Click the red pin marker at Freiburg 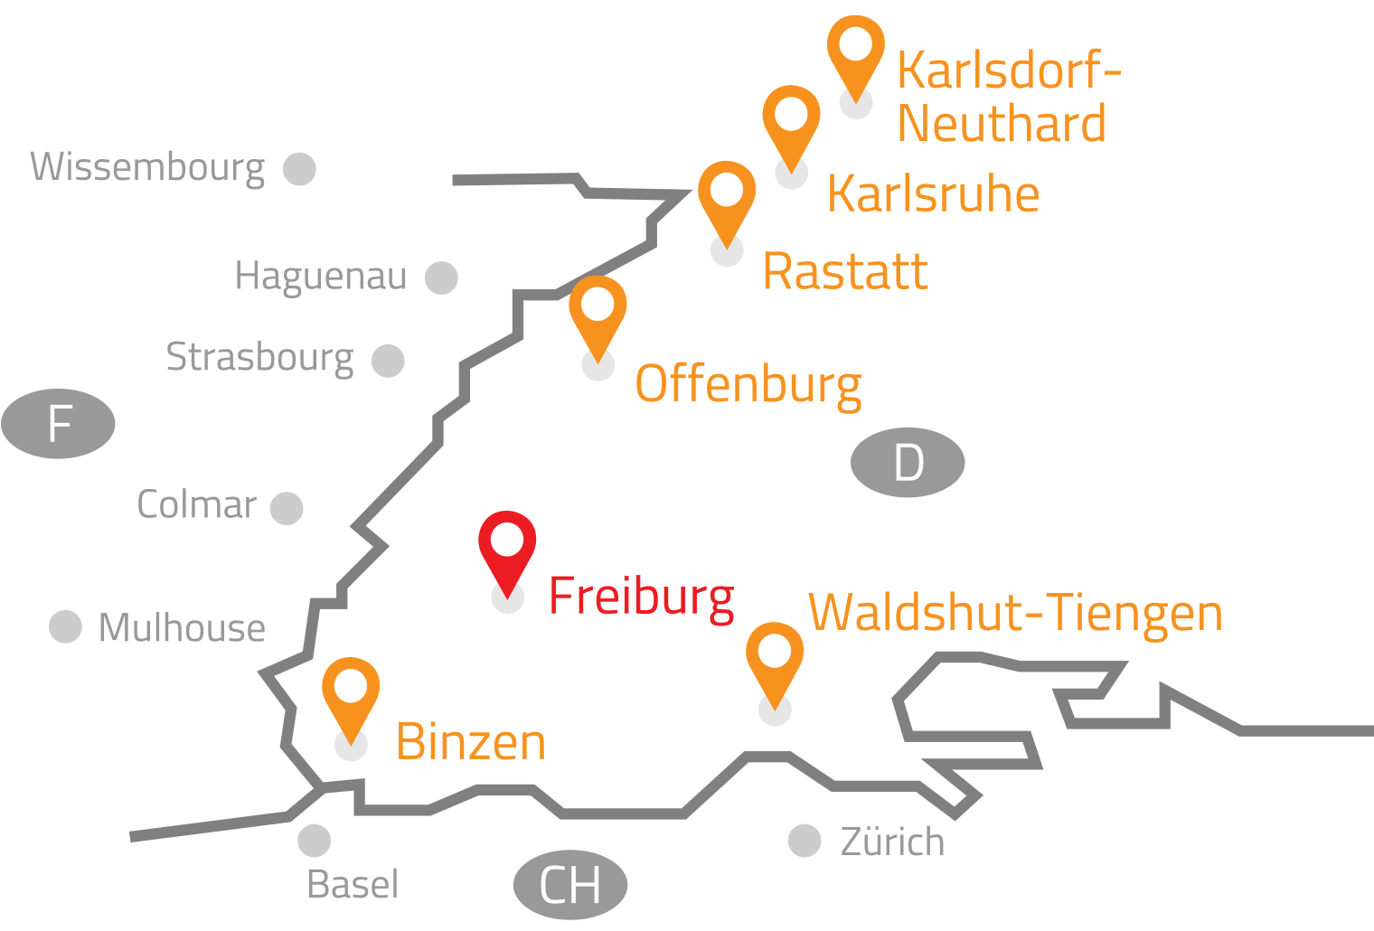(507, 548)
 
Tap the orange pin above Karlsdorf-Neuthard (855, 50)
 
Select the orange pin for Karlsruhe (791, 121)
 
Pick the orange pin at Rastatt (727, 197)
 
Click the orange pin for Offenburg (598, 312)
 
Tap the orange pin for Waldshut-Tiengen (775, 658)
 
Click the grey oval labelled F (59, 424)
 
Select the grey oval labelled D (908, 463)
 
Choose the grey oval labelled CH (570, 885)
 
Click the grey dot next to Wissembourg (299, 169)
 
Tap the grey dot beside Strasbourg (388, 361)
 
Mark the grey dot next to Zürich (804, 841)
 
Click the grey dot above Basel (314, 841)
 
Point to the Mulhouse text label (182, 628)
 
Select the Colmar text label (196, 505)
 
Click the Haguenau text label (321, 277)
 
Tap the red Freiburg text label (642, 597)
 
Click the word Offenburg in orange (748, 386)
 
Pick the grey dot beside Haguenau (441, 278)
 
